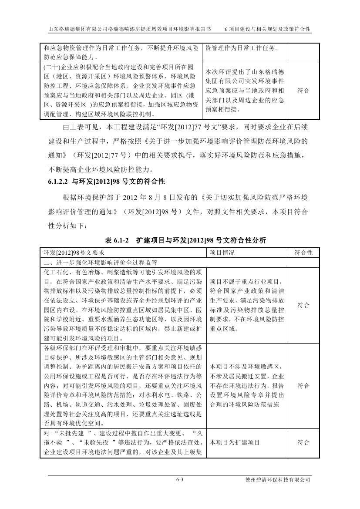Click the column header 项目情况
pos(222,253)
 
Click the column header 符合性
pos(303,253)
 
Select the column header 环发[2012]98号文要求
pos(74,253)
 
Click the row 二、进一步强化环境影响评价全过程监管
pos(101,263)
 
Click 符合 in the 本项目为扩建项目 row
pos(303,442)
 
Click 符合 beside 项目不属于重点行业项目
pos(303,305)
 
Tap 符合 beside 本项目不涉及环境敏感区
pos(303,386)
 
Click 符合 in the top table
pos(303,91)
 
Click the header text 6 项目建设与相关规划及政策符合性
pos(267,29)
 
